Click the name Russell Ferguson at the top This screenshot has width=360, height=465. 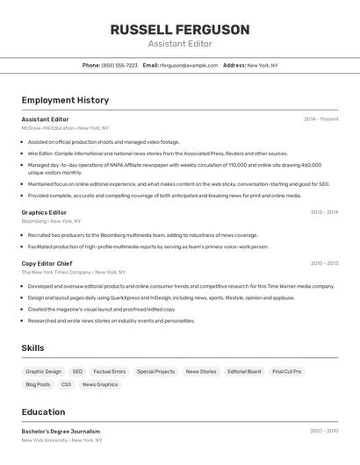(180, 30)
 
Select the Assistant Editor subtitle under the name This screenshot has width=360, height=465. (180, 44)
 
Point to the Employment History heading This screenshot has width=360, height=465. (65, 100)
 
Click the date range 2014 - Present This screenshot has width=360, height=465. (320, 119)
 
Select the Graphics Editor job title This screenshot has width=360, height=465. (44, 212)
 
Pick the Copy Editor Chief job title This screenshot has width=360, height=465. (47, 263)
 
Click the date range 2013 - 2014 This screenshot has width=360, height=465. (324, 212)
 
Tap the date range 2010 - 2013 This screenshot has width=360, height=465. (324, 263)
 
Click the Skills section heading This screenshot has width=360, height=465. (32, 348)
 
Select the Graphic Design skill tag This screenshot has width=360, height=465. (44, 372)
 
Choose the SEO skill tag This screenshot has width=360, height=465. (77, 372)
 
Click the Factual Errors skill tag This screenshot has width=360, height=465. (110, 372)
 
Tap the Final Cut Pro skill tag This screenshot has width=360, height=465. (286, 372)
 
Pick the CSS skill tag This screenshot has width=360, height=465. (66, 384)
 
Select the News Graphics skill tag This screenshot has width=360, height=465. (100, 384)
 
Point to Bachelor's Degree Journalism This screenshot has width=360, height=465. (61, 432)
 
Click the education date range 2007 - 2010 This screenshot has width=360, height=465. (324, 432)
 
